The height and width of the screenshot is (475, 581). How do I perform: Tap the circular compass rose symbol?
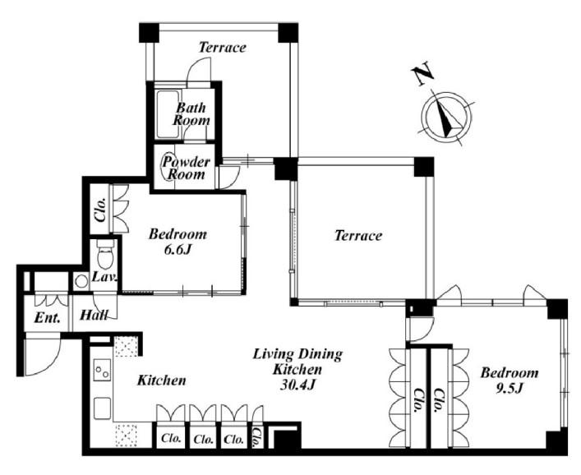tap(447, 117)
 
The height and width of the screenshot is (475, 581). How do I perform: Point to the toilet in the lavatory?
tap(105, 253)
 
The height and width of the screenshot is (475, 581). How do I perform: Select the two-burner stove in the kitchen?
tap(102, 370)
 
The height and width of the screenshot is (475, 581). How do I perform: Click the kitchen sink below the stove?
tap(102, 408)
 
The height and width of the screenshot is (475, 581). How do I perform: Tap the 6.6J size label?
tap(178, 250)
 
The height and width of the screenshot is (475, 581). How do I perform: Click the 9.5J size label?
tap(510, 388)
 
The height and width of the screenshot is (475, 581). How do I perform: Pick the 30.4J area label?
tap(297, 385)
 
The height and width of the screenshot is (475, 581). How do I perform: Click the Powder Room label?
tap(186, 168)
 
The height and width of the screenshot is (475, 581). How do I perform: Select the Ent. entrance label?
tap(47, 317)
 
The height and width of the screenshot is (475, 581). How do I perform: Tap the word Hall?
tap(95, 316)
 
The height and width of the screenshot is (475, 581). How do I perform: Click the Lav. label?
tap(104, 277)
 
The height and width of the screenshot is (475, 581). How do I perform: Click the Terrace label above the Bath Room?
tap(223, 47)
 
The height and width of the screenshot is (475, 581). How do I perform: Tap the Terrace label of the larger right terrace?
tap(358, 235)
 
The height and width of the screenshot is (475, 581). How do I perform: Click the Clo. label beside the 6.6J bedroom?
tap(101, 209)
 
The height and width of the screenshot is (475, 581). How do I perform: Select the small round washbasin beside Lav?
tap(81, 282)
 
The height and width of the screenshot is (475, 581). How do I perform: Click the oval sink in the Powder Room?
tap(166, 166)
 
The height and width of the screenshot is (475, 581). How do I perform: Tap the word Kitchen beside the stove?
tap(162, 380)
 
